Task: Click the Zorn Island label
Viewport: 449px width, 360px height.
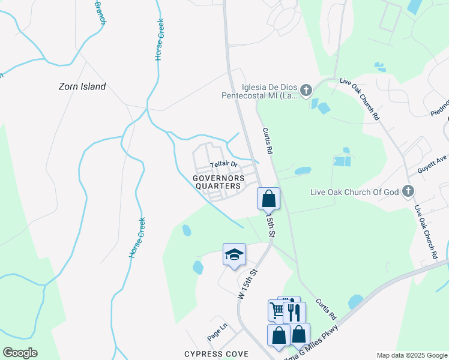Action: coord(82,86)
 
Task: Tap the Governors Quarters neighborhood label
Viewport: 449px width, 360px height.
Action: coord(218,182)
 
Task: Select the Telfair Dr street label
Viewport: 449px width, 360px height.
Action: coord(224,164)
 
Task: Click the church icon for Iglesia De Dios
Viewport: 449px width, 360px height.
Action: coord(306,91)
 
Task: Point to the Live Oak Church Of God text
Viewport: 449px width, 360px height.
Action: coord(354,192)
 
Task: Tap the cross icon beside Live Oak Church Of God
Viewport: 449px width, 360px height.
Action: coord(408,192)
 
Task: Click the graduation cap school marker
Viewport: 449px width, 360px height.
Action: coord(234,254)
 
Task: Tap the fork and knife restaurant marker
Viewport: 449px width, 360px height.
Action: coord(294,312)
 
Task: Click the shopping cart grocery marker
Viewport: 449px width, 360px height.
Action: coord(277,310)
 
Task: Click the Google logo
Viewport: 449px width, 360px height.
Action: coord(20,353)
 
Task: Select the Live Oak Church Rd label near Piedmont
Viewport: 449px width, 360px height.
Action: coord(360,98)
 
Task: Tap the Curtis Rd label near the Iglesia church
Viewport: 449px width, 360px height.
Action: coord(267,141)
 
